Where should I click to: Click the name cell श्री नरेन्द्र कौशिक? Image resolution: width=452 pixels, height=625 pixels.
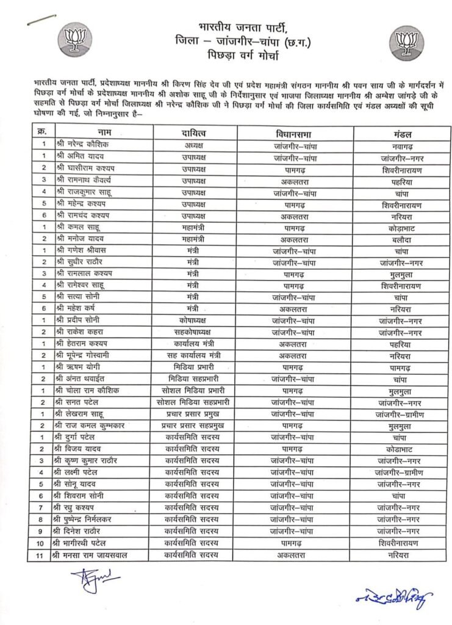click(x=83, y=145)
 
